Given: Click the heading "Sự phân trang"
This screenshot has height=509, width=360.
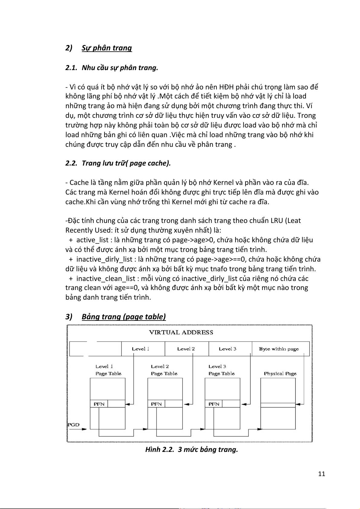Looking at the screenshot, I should [107, 48].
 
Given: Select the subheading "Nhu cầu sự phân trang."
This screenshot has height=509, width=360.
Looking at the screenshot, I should [120, 68].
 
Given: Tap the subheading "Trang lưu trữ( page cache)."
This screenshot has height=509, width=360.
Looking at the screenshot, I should [126, 163].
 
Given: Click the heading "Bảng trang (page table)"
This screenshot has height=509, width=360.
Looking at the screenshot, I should [124, 317].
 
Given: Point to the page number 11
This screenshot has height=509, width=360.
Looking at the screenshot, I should [322, 474].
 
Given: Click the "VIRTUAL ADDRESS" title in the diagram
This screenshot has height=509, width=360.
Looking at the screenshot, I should [181, 333].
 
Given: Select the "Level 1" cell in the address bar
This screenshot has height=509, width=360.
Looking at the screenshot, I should [141, 349].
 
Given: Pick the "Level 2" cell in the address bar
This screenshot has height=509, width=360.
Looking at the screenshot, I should [186, 349].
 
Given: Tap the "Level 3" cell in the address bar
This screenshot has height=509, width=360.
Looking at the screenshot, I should [228, 349].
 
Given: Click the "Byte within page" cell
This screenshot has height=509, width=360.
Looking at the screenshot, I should [279, 349].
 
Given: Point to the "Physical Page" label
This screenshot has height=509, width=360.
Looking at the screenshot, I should [280, 374].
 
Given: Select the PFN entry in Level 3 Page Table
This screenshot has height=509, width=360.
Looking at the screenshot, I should [214, 404].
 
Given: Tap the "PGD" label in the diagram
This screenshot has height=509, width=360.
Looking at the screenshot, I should [73, 425].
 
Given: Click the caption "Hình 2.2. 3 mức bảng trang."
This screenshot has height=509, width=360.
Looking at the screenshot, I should [192, 449].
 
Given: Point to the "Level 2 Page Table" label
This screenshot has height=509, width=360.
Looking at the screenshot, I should [164, 370].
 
